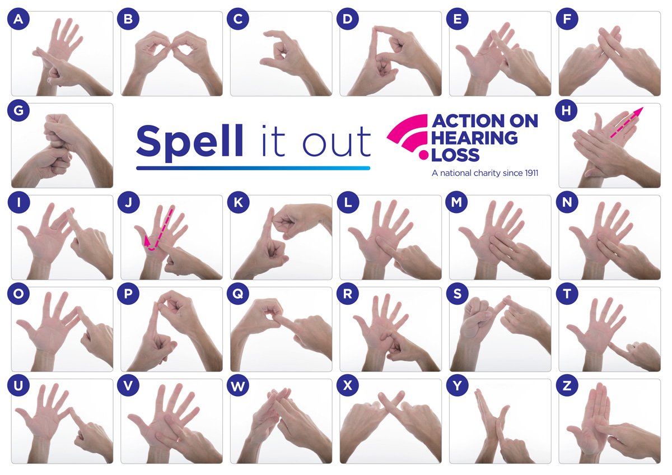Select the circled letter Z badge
567,386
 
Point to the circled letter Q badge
238,295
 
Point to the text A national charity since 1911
484,173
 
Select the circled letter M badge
458,203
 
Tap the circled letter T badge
567,295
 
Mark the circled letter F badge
567,20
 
